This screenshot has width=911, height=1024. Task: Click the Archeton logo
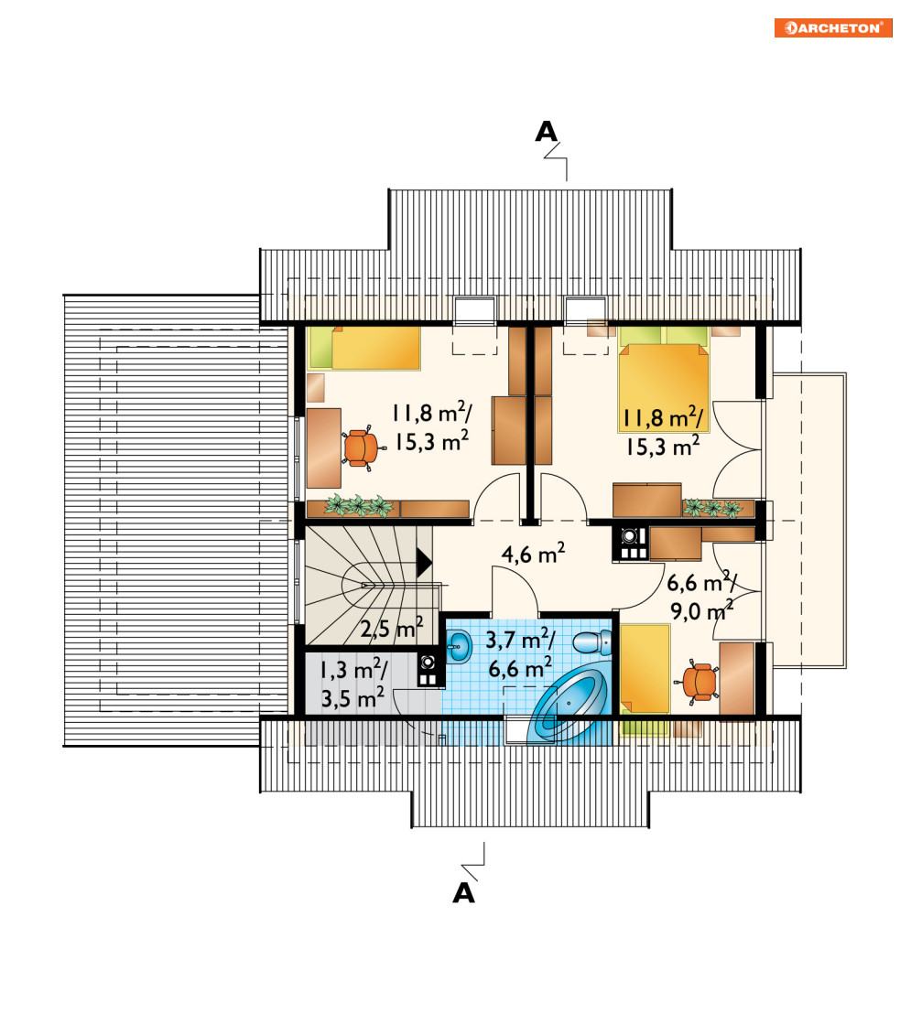833,28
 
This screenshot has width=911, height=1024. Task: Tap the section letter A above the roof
547,132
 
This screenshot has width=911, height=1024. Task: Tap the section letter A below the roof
463,893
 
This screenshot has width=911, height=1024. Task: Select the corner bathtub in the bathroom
569,706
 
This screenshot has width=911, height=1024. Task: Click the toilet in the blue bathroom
592,641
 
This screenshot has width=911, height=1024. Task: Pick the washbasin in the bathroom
459,647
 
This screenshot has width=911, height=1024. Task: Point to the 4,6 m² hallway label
533,554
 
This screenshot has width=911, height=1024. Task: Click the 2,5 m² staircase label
392,629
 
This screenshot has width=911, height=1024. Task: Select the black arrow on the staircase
424,562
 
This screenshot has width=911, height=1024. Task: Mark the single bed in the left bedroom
364,348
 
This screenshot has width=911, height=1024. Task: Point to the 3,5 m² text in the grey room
352,699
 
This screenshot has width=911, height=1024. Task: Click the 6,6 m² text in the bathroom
520,669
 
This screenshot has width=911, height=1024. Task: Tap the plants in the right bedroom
712,508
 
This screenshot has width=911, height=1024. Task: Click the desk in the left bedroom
324,448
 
